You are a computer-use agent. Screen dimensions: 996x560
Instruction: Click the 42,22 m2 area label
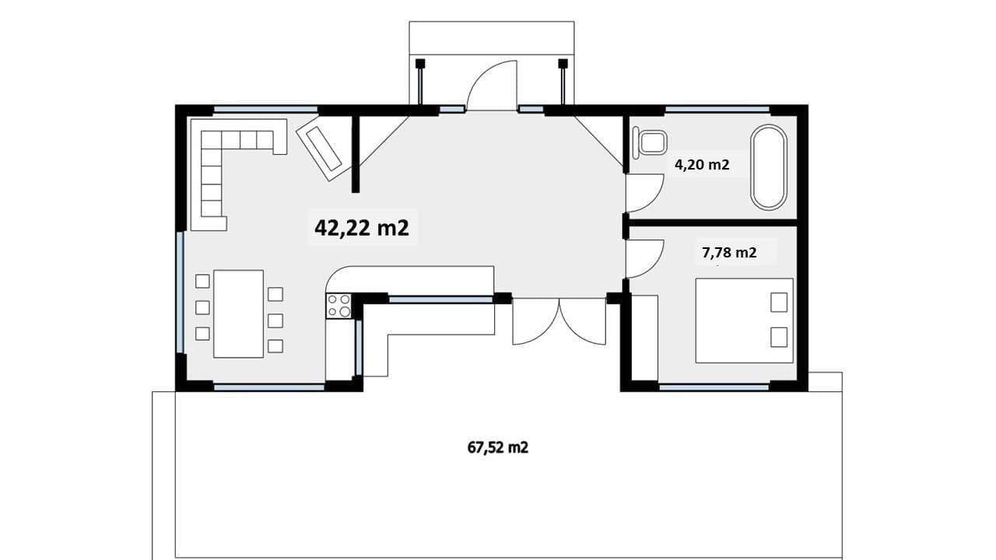coord(362,228)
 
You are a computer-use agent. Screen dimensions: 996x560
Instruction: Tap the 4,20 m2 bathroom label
coord(702,165)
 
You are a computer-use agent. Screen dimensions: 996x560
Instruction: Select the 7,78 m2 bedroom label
coord(729,253)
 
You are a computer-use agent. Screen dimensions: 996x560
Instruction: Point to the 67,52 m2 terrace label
coord(498,447)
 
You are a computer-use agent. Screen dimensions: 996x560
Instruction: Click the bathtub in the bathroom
coord(769,167)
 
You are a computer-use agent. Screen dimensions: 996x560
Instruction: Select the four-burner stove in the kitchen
coord(338,306)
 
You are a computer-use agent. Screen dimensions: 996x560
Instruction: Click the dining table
coord(239,313)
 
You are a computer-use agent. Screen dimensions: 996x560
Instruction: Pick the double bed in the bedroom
coord(745,320)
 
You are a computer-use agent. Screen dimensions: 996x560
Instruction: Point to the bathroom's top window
coord(717,110)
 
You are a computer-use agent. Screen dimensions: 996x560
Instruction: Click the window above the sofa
coord(266,110)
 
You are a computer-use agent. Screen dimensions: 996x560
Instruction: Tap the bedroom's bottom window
coord(714,387)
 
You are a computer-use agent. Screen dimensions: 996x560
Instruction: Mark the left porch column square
coord(420,64)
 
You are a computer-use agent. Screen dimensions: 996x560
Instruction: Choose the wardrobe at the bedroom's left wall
coord(644,338)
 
